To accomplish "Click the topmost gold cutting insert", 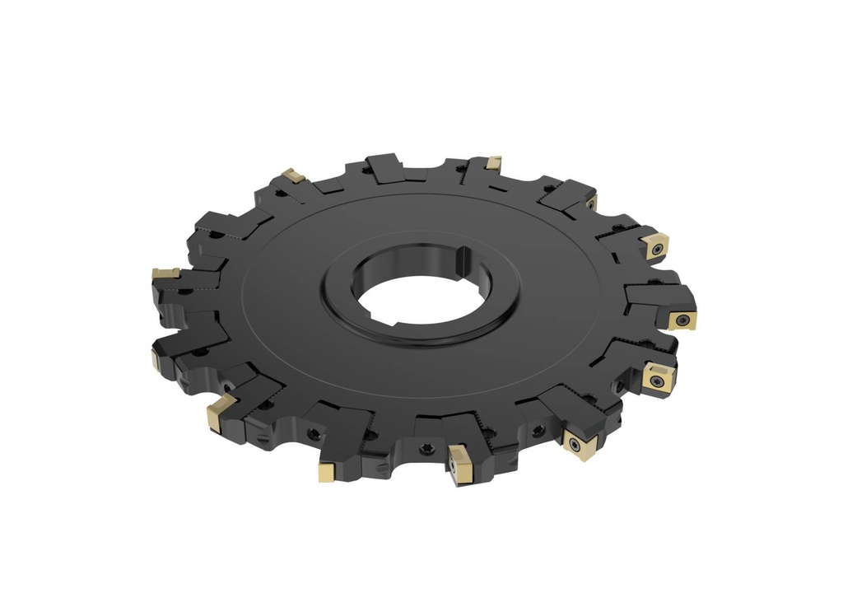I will point(494,162).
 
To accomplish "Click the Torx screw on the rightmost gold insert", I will point(683,317).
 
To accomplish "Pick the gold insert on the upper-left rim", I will point(291,175).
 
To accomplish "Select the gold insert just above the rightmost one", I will point(657,245).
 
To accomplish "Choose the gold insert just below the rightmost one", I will point(656,379).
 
